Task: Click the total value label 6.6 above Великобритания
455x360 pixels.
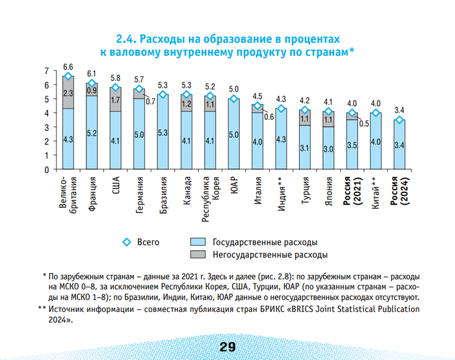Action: click(68, 67)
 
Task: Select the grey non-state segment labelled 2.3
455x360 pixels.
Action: click(68, 93)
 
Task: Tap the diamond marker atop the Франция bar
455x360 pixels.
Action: click(92, 83)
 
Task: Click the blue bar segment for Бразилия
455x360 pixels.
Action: click(162, 133)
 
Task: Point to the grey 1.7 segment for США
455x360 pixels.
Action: click(115, 99)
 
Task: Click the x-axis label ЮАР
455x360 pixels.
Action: click(233, 185)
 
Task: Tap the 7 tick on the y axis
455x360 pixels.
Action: click(46, 70)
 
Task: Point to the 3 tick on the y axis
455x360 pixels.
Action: click(46, 127)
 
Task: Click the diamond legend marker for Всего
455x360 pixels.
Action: click(127, 242)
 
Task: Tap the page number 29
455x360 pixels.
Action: click(227, 347)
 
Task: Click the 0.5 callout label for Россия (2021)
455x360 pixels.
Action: click(364, 123)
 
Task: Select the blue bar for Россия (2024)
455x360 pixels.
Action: click(400, 145)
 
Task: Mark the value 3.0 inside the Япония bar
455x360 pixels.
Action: click(328, 149)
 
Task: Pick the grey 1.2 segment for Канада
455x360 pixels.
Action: click(186, 103)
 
